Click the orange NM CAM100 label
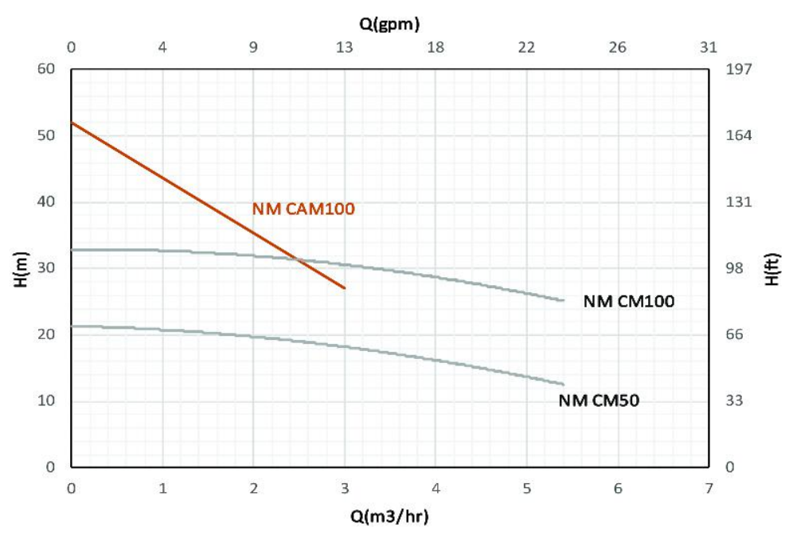pyautogui.click(x=303, y=209)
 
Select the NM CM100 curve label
pyautogui.click(x=628, y=302)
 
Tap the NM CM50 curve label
pyautogui.click(x=600, y=400)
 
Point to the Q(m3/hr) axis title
pyautogui.click(x=389, y=517)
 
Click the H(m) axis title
pyautogui.click(x=21, y=268)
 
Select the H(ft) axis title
pyautogui.click(x=771, y=268)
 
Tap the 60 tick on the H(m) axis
pyautogui.click(x=46, y=69)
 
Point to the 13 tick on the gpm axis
pyautogui.click(x=345, y=47)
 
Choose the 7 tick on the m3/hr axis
pyautogui.click(x=709, y=488)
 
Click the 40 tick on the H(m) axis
pyautogui.click(x=46, y=201)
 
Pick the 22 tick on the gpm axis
pyautogui.click(x=526, y=47)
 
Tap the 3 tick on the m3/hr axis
pyautogui.click(x=345, y=488)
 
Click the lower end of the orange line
pyautogui.click(x=345, y=288)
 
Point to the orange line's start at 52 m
pyautogui.click(x=72, y=123)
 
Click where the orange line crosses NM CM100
pyautogui.click(x=298, y=259)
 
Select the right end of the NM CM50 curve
pyautogui.click(x=563, y=384)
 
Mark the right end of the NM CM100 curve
pyautogui.click(x=563, y=300)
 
